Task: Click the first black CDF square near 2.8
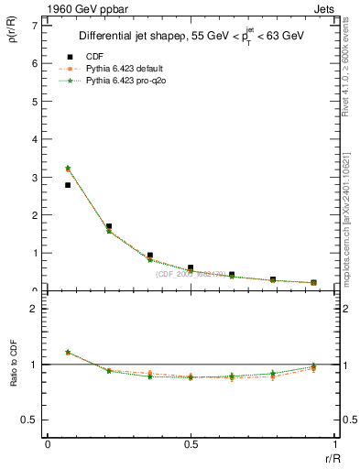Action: [x=68, y=185]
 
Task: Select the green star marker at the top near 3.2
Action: [x=68, y=168]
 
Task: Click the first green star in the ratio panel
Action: [x=68, y=352]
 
